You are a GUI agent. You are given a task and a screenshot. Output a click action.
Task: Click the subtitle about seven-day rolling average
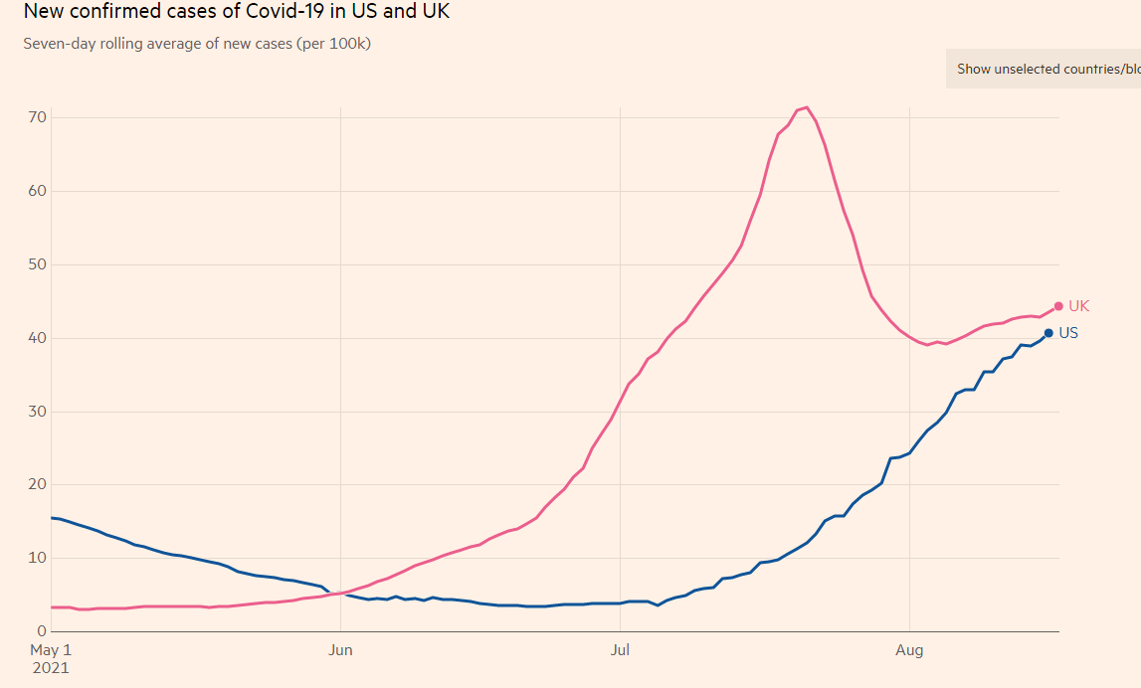pos(197,44)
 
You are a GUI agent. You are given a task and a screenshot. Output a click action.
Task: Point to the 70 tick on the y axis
pos(36,117)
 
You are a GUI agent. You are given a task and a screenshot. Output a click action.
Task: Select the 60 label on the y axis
pos(36,191)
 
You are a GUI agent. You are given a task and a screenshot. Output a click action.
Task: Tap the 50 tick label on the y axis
pos(36,264)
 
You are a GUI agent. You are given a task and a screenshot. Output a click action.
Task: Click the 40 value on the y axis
pos(36,338)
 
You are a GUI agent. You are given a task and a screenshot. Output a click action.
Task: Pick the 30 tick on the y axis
pos(36,412)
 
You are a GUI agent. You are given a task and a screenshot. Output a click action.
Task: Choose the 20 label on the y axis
pos(36,484)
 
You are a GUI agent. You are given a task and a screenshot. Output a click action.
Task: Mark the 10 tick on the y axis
pos(36,558)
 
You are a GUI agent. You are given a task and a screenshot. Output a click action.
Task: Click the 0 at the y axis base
pos(41,631)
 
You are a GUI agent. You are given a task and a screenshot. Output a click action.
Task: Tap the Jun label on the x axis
pos(341,650)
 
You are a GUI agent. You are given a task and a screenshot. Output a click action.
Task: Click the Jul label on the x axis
pos(620,650)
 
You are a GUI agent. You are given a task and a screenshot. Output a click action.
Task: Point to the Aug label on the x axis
pos(909,650)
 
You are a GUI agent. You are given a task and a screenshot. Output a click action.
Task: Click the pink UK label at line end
pos(1079,306)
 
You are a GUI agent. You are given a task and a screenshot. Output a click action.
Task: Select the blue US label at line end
pos(1068,333)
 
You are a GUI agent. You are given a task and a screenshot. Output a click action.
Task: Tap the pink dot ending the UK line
pos(1058,306)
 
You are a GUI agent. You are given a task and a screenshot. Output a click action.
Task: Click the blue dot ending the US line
pos(1048,333)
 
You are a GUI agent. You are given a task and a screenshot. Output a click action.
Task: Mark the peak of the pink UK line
pos(807,107)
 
